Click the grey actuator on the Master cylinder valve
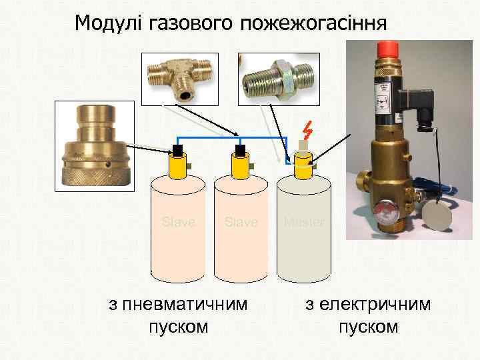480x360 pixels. [303, 146]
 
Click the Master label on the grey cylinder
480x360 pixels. [304, 222]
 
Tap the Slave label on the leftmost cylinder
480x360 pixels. [179, 222]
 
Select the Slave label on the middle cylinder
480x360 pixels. [241, 222]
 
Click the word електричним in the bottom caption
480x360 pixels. [368, 305]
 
